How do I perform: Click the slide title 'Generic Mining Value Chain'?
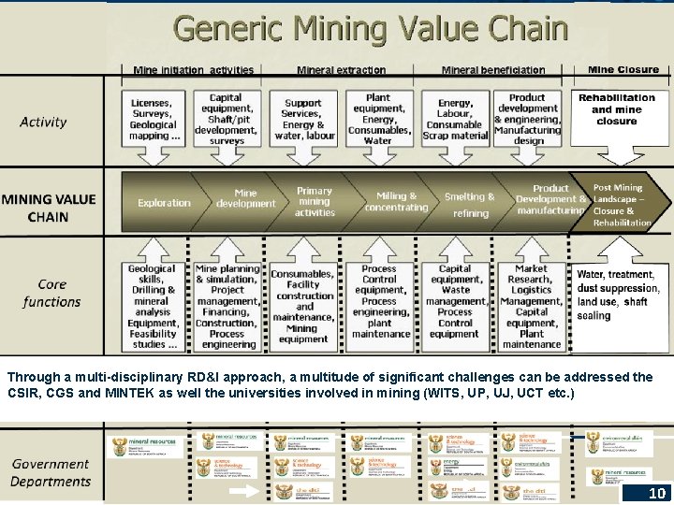(x=371, y=28)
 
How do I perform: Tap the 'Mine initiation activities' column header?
(x=194, y=70)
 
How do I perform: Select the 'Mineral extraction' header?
(x=341, y=70)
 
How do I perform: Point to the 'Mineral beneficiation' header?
(x=492, y=70)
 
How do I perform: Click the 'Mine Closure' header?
(x=623, y=69)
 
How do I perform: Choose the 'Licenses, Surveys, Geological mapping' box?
(x=153, y=119)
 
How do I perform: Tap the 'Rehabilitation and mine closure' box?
(x=617, y=109)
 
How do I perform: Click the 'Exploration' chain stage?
(x=164, y=203)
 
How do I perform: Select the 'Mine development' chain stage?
(x=244, y=198)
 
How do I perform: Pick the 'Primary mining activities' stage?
(x=315, y=201)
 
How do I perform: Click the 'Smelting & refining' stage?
(x=470, y=204)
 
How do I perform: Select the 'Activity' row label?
(x=44, y=122)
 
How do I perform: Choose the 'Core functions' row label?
(x=51, y=293)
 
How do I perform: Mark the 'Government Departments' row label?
(x=51, y=472)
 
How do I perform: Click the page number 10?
(x=657, y=493)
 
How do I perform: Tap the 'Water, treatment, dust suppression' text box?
(x=618, y=295)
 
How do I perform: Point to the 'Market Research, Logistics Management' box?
(x=531, y=306)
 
